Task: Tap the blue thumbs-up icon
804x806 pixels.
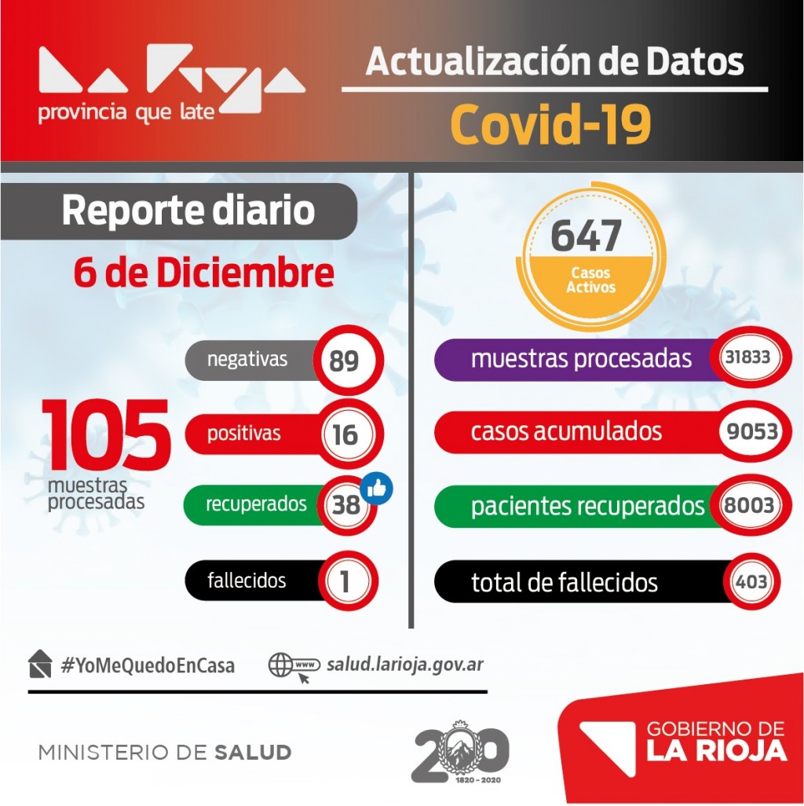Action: click(x=377, y=489)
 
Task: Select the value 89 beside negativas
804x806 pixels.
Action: click(x=345, y=361)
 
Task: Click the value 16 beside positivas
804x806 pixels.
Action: click(x=345, y=435)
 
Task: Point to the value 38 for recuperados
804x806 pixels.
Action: click(x=345, y=504)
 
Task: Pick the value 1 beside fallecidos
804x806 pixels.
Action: click(x=345, y=581)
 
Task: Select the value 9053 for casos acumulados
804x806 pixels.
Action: click(x=752, y=431)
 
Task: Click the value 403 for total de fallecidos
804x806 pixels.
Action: click(x=752, y=582)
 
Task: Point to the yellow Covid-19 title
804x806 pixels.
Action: click(x=550, y=123)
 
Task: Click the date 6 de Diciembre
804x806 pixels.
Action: click(x=203, y=273)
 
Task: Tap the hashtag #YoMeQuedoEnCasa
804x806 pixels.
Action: click(x=148, y=665)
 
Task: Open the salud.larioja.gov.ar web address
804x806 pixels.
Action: click(x=405, y=665)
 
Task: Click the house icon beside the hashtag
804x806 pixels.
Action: click(x=39, y=664)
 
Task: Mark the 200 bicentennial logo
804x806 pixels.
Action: click(x=461, y=752)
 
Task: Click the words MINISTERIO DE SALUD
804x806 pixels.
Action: click(x=165, y=753)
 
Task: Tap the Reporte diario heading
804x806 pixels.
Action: click(x=188, y=211)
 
